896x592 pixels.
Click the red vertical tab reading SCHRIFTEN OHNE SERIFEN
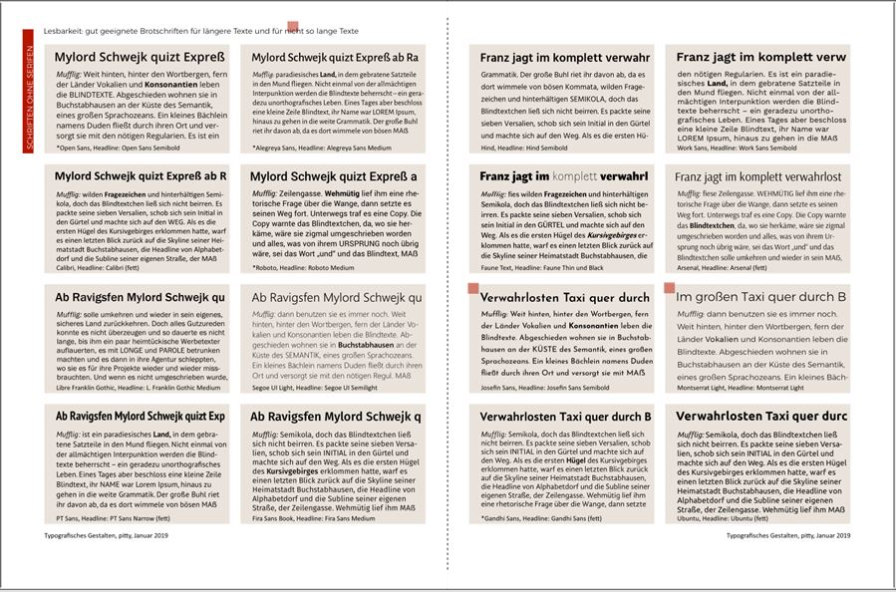[29, 91]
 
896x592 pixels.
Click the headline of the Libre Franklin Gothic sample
[141, 297]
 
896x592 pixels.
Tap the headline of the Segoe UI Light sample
[337, 297]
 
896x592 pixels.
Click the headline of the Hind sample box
[564, 58]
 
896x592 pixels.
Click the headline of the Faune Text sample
[563, 176]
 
